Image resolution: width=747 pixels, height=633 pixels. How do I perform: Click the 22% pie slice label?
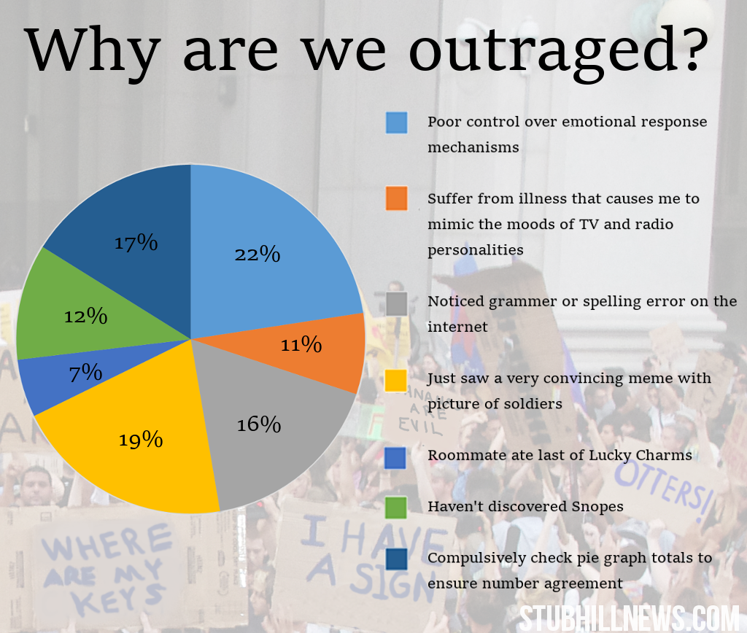pyautogui.click(x=257, y=254)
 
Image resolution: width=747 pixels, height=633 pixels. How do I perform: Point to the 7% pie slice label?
pyautogui.click(x=85, y=373)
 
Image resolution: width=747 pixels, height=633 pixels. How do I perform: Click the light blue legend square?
pyautogui.click(x=396, y=123)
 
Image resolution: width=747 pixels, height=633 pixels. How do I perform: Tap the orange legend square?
pyautogui.click(x=396, y=199)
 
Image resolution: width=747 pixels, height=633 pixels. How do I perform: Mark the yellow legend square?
pyautogui.click(x=396, y=380)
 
